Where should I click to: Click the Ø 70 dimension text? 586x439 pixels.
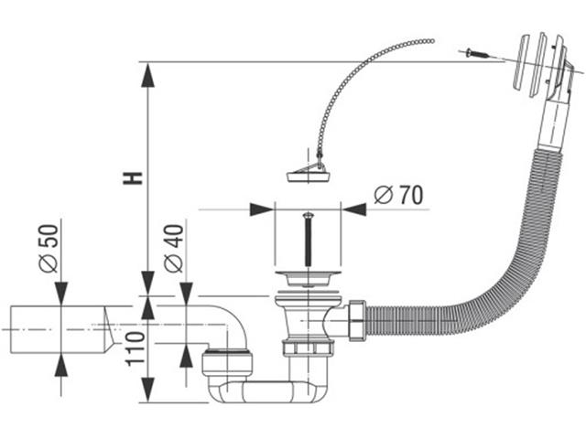(397, 195)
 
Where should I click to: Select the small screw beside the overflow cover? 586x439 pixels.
(477, 54)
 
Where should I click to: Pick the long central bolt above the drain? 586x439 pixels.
(309, 238)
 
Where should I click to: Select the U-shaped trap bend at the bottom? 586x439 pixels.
(266, 393)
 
